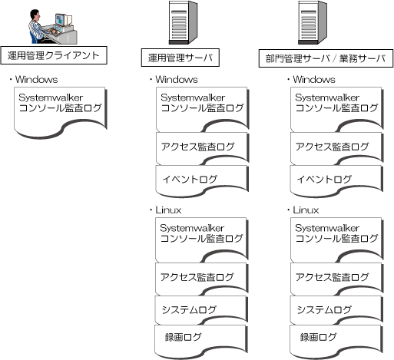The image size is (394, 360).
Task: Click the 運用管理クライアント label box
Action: (x=54, y=55)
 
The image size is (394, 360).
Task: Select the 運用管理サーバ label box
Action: (x=180, y=58)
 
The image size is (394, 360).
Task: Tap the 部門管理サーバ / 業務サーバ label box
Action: (x=326, y=58)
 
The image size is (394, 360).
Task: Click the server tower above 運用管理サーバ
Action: (x=183, y=22)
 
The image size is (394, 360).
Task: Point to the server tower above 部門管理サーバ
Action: (x=313, y=22)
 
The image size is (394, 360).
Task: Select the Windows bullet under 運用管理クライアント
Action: (x=34, y=80)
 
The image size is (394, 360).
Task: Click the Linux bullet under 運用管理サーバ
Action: (x=166, y=210)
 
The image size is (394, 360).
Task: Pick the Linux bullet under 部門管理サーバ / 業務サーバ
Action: (x=303, y=210)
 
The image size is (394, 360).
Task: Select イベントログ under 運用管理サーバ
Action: (x=202, y=181)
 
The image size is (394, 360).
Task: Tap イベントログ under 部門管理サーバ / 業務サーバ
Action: (x=336, y=181)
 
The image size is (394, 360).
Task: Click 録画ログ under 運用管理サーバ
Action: (x=201, y=342)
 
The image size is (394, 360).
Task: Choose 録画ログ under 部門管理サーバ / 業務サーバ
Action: (x=336, y=342)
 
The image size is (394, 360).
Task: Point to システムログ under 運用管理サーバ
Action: (x=201, y=310)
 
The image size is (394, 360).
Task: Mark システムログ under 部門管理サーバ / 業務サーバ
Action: (x=336, y=310)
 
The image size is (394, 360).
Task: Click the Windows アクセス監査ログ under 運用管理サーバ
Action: (x=203, y=149)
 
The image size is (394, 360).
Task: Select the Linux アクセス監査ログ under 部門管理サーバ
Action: (x=337, y=279)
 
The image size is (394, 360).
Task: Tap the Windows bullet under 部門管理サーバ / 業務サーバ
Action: (x=311, y=80)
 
